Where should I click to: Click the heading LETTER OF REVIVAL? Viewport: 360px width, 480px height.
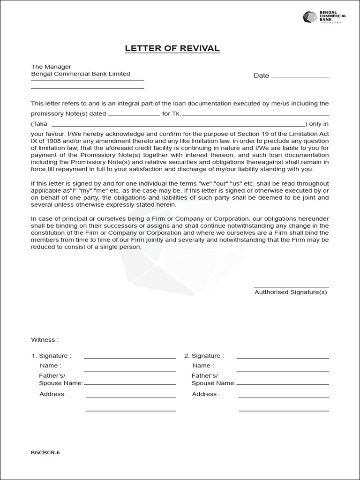pos(172,49)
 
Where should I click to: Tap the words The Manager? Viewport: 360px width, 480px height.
pos(51,67)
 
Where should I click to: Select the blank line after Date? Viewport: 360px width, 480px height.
pos(300,77)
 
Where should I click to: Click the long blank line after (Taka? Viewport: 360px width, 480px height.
pos(178,126)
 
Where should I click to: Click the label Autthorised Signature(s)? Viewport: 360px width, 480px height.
pos(291,292)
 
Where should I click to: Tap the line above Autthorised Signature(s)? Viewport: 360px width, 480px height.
pos(291,287)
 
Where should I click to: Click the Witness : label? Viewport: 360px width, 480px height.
pos(45,339)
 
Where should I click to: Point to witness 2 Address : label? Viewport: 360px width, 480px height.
pos(206,394)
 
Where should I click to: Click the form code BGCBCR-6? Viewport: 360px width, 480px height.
pos(45,452)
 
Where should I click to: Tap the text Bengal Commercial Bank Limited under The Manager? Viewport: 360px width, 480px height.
pos(81,74)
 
